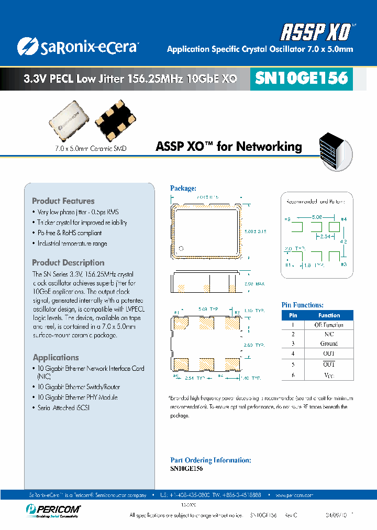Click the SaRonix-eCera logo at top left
[x=77, y=47]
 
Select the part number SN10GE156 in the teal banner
[x=301, y=78]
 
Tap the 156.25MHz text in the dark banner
[x=156, y=79]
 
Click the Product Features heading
[x=63, y=201]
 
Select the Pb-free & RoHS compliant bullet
[x=69, y=233]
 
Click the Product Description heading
[x=68, y=263]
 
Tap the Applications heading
[x=56, y=358]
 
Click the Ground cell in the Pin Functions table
[x=329, y=344]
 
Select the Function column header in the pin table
[x=329, y=315]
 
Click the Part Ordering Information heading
[x=210, y=460]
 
